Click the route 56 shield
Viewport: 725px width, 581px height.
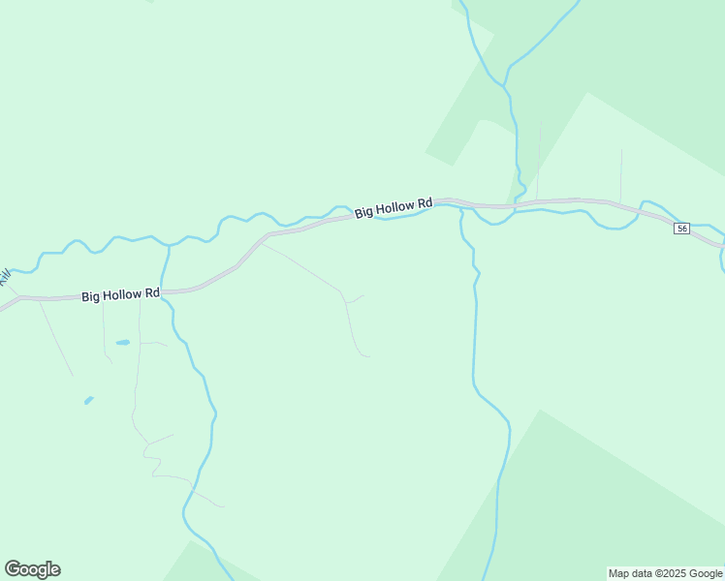(x=682, y=229)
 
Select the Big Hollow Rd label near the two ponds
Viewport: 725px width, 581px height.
(x=120, y=294)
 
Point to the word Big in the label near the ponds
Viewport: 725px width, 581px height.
(x=90, y=296)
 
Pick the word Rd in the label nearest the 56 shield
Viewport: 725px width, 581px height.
(x=425, y=203)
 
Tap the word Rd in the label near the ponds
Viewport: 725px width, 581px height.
(x=151, y=292)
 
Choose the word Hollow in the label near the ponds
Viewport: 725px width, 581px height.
(x=122, y=294)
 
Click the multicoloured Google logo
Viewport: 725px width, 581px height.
(x=32, y=569)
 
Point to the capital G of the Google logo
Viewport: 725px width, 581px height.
(x=13, y=568)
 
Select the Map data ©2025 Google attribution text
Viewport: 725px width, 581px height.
(x=666, y=573)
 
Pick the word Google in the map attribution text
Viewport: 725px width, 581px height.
(x=707, y=573)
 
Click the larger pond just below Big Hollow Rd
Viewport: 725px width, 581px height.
(x=123, y=342)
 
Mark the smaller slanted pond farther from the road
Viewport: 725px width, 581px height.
(x=89, y=399)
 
